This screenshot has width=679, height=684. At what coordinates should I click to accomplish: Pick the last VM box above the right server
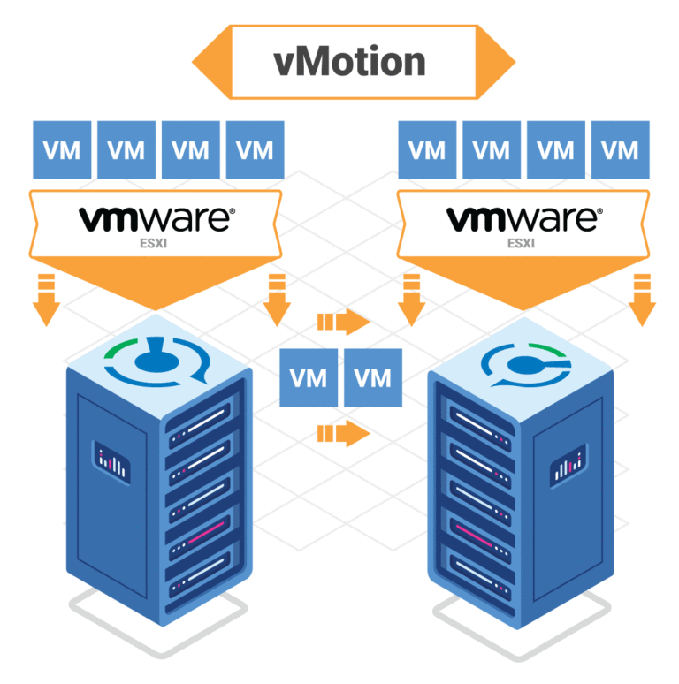(x=620, y=149)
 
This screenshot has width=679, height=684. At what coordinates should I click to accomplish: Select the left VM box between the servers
(x=309, y=377)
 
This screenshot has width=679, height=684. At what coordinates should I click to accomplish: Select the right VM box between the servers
(x=372, y=377)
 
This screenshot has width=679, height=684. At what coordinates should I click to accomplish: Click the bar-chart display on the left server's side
(x=111, y=462)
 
